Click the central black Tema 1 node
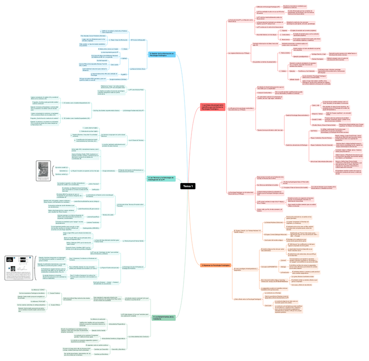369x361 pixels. coord(188,186)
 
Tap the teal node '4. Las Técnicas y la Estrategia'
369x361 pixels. coord(161,178)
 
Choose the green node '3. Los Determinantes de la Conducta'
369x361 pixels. coord(164,318)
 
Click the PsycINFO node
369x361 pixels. coord(124,75)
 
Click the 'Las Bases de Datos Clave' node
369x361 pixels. coord(138,69)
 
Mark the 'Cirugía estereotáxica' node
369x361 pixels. coord(109,170)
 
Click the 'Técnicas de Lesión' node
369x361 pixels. coord(108,215)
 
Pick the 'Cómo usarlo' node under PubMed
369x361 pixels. coord(114,65)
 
